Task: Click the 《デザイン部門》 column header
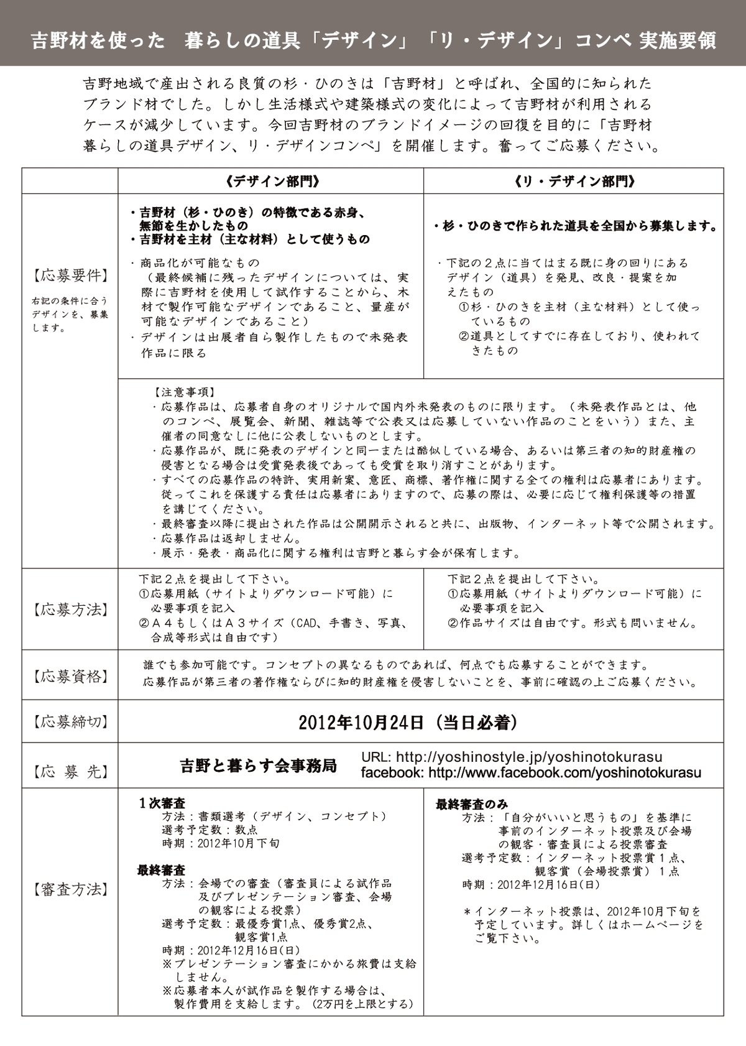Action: tap(271, 181)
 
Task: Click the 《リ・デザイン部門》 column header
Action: tap(574, 181)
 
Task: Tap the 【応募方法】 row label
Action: tap(70, 609)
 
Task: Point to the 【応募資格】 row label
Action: tap(70, 676)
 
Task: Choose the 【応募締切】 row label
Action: tap(70, 722)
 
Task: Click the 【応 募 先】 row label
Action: tap(70, 772)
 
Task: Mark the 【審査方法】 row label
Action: tap(70, 890)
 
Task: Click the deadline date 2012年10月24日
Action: tap(361, 722)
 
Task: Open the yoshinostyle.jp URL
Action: tap(528, 757)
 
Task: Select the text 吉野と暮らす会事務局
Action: tap(258, 766)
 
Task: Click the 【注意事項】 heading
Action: tap(184, 392)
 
